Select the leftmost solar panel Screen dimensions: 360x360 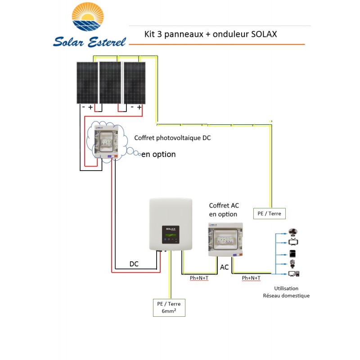click(86, 82)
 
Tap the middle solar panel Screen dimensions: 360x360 click(110, 82)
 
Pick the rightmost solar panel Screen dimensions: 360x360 click(135, 82)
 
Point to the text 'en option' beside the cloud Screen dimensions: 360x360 click(158, 154)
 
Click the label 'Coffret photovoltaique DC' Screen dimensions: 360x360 click(172, 138)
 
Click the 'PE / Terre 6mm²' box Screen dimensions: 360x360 click(169, 307)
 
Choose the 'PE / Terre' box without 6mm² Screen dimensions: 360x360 click(269, 213)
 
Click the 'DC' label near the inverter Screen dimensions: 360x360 click(134, 264)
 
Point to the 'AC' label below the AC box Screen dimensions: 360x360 click(224, 267)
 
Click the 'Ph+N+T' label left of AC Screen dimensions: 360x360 click(199, 278)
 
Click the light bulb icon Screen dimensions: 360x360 click(292, 264)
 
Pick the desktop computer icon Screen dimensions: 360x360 click(293, 273)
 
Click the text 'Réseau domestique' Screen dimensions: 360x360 click(286, 296)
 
